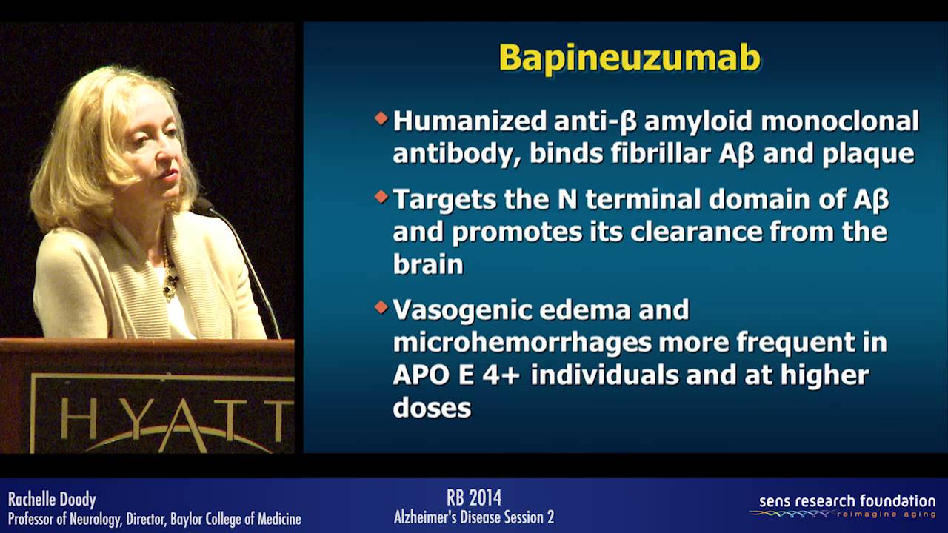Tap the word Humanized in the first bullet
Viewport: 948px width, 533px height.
[x=470, y=121]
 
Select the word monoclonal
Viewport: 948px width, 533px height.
[x=840, y=121]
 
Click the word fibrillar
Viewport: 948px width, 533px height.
[x=661, y=152]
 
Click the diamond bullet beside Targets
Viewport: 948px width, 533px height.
[x=381, y=196]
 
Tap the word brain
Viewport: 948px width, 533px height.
[x=428, y=264]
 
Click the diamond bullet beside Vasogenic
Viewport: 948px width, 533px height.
[x=381, y=306]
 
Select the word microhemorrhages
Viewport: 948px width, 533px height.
[x=522, y=342]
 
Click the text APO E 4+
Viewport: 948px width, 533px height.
[x=456, y=375]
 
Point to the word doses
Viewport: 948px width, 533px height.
[x=432, y=407]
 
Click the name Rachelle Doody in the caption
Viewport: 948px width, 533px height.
[x=52, y=499]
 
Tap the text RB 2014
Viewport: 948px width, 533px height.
[x=474, y=497]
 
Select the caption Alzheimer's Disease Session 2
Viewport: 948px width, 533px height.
[x=474, y=517]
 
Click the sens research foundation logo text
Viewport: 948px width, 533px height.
[x=847, y=501]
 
